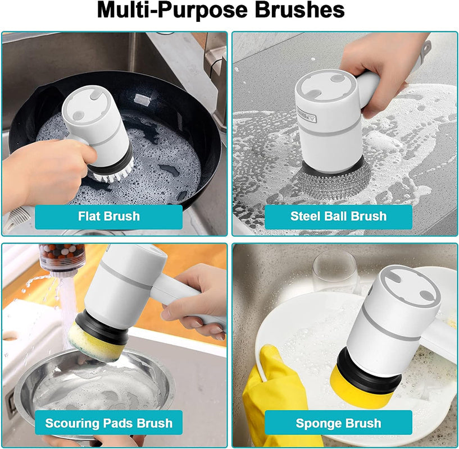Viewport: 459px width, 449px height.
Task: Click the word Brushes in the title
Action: tap(299, 10)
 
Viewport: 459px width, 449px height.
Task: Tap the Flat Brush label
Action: tap(109, 217)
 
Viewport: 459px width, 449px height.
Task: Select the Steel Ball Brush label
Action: tap(338, 217)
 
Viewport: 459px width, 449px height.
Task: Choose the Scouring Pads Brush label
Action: tap(109, 423)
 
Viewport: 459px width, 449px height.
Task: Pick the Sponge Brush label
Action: tap(338, 423)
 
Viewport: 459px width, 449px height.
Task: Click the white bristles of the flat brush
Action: tap(113, 174)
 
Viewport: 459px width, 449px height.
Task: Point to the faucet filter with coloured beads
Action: tap(62, 259)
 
